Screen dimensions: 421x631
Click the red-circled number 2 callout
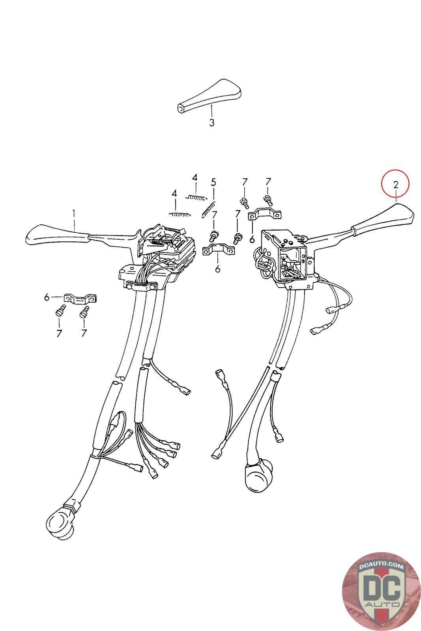click(x=396, y=185)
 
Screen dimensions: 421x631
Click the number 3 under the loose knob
click(x=211, y=123)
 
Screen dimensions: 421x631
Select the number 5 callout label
click(x=213, y=182)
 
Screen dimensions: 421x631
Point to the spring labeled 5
click(x=209, y=209)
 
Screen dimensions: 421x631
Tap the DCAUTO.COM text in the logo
click(x=381, y=566)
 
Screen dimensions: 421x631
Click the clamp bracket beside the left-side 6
click(x=81, y=299)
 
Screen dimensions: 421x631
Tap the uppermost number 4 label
click(x=195, y=178)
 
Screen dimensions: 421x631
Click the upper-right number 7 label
click(x=268, y=182)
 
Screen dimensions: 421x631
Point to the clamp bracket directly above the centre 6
click(x=219, y=250)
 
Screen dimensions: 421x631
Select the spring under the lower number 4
click(x=180, y=215)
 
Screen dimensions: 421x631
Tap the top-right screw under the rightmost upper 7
click(x=268, y=200)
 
